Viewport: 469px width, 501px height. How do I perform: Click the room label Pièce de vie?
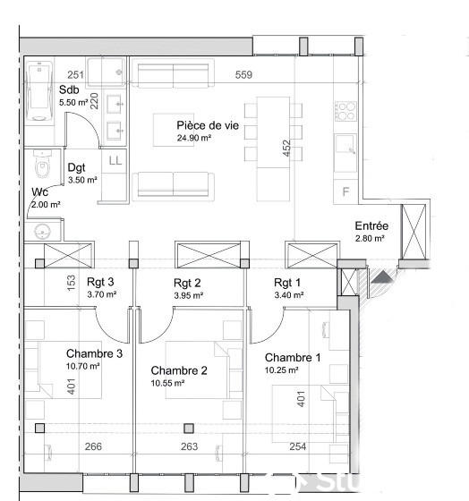(x=208, y=126)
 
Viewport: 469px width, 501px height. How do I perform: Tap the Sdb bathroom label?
(x=68, y=90)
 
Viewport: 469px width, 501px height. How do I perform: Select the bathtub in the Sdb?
(x=39, y=90)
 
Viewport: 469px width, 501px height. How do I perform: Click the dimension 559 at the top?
(x=243, y=75)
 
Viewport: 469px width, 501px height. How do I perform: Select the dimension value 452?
(x=286, y=149)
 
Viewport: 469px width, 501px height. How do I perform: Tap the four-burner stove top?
(x=345, y=111)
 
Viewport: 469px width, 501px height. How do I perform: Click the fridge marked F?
(x=345, y=191)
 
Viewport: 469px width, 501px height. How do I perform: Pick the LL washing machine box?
(x=115, y=160)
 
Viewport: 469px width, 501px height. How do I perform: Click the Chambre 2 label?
(x=178, y=370)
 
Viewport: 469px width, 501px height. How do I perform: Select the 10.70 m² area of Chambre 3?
(x=81, y=366)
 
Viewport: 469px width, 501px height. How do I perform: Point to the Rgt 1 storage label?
(x=288, y=283)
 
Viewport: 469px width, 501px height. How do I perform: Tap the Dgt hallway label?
(x=77, y=167)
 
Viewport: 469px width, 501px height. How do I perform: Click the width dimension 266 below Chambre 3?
(x=92, y=447)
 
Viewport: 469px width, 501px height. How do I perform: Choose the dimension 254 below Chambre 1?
(x=297, y=447)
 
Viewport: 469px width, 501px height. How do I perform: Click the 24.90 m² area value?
(x=194, y=139)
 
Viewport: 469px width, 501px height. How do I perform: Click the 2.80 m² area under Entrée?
(x=369, y=239)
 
